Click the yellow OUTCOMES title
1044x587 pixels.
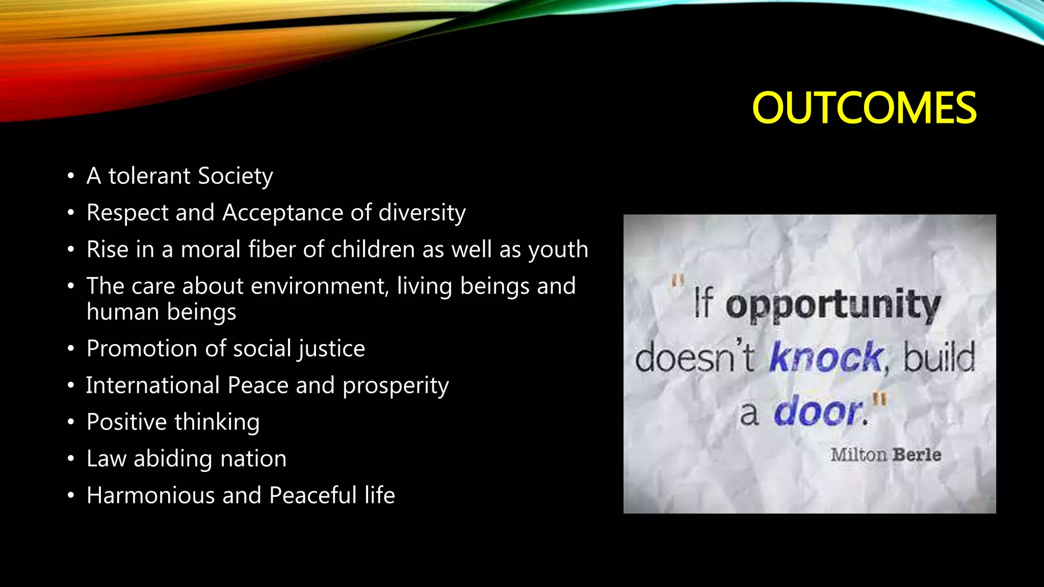[x=864, y=108]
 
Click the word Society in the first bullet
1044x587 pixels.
[x=235, y=176]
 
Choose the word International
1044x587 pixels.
[x=152, y=385]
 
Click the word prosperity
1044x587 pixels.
[x=396, y=386]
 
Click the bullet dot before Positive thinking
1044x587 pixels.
[x=71, y=422]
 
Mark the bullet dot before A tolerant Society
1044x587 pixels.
[x=71, y=176]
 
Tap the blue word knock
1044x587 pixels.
[x=826, y=357]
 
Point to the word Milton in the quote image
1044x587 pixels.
[x=858, y=455]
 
